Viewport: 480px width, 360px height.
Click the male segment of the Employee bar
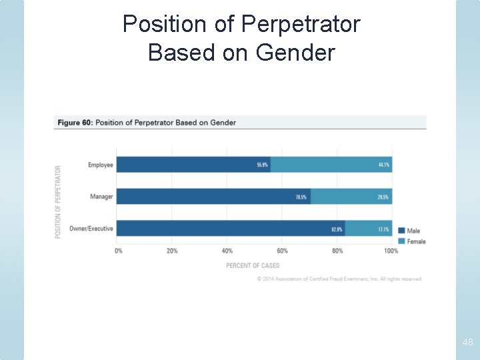(193, 165)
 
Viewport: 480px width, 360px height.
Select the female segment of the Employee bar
(331, 165)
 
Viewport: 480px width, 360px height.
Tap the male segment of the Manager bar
(213, 197)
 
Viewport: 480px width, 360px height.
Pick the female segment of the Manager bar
(351, 197)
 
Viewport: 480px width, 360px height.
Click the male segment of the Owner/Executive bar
(231, 229)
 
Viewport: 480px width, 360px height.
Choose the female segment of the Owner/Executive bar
(369, 229)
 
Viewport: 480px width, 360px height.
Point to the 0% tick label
(119, 251)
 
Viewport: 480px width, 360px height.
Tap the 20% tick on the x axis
(172, 251)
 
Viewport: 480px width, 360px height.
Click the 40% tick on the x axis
(227, 251)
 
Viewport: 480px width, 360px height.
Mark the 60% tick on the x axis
(282, 251)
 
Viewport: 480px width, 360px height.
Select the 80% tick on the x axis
(337, 251)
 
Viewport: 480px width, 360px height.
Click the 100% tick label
(391, 251)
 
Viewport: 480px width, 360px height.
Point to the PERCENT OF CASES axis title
(253, 266)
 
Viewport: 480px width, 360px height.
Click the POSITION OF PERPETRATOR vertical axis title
(58, 202)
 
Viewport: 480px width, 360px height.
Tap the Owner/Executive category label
(91, 229)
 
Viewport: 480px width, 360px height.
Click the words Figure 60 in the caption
(75, 123)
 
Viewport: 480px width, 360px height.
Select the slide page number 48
(467, 343)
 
